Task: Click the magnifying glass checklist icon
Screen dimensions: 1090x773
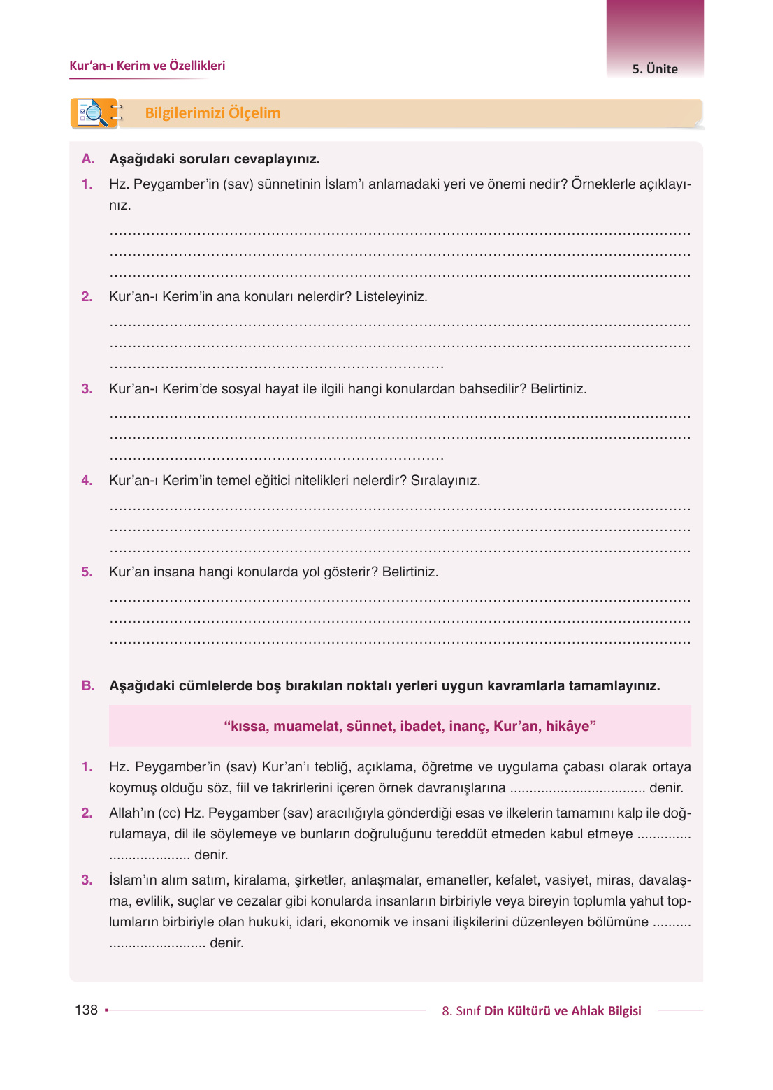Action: tap(94, 113)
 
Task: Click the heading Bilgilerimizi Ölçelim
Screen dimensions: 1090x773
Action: tap(212, 113)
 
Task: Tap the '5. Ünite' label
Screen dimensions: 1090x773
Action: tap(655, 69)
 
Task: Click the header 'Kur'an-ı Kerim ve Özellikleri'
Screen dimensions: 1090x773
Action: tap(147, 66)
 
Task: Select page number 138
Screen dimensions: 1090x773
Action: tap(86, 1010)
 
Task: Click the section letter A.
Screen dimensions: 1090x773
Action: tap(87, 159)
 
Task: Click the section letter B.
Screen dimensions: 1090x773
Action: tap(87, 686)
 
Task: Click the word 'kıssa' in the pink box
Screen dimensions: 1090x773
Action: tap(247, 727)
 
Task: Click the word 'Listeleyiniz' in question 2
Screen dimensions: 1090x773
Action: tap(391, 297)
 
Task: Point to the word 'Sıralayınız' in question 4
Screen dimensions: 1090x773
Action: tap(445, 481)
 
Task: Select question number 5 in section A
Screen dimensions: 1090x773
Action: tap(87, 572)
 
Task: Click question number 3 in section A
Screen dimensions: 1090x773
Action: tap(87, 389)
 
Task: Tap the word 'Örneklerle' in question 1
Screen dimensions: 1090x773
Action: tap(602, 184)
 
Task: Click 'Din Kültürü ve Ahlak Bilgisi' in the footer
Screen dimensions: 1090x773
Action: tap(563, 1011)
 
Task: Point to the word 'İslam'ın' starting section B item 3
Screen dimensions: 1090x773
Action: tap(133, 880)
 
